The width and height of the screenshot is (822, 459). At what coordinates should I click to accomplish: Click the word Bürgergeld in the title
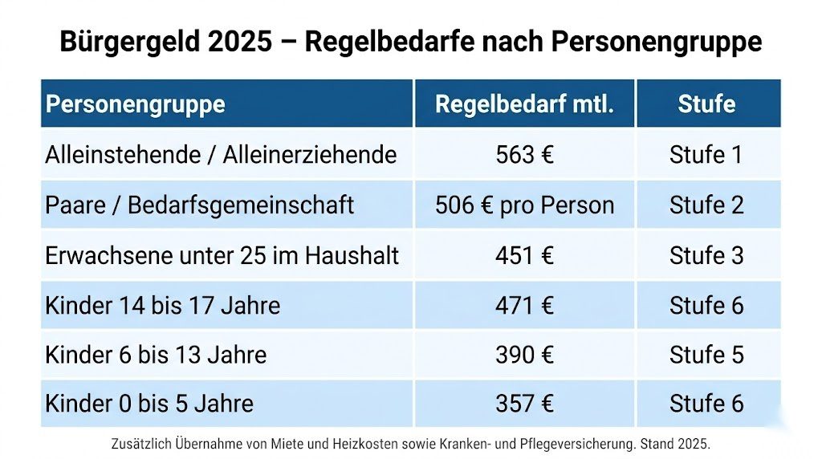point(128,41)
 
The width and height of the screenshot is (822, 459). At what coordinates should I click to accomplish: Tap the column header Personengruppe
point(135,104)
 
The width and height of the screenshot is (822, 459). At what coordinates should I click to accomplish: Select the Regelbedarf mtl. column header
point(524,104)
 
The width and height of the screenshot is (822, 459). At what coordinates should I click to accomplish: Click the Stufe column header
point(706,104)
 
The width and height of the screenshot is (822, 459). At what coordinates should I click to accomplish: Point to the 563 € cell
point(524,154)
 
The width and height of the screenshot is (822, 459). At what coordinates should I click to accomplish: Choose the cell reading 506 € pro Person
point(524,205)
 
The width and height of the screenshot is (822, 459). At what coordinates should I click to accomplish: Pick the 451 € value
point(524,255)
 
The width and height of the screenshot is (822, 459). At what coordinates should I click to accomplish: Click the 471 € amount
point(524,306)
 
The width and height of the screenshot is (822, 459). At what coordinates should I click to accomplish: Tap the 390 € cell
point(524,355)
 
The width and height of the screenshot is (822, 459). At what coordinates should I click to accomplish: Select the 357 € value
point(524,403)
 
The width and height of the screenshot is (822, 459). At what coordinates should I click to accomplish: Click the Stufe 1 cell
point(706,154)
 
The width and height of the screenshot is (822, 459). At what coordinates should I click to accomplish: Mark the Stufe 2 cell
point(706,205)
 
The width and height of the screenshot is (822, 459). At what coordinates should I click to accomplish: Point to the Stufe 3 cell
point(706,255)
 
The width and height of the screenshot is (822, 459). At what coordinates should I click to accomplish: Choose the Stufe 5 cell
point(706,355)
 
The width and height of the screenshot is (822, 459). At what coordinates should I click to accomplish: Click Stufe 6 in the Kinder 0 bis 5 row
point(706,403)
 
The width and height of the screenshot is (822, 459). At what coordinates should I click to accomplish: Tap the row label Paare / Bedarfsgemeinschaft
point(199,205)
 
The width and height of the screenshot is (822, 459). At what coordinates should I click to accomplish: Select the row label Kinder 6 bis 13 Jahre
point(156,355)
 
